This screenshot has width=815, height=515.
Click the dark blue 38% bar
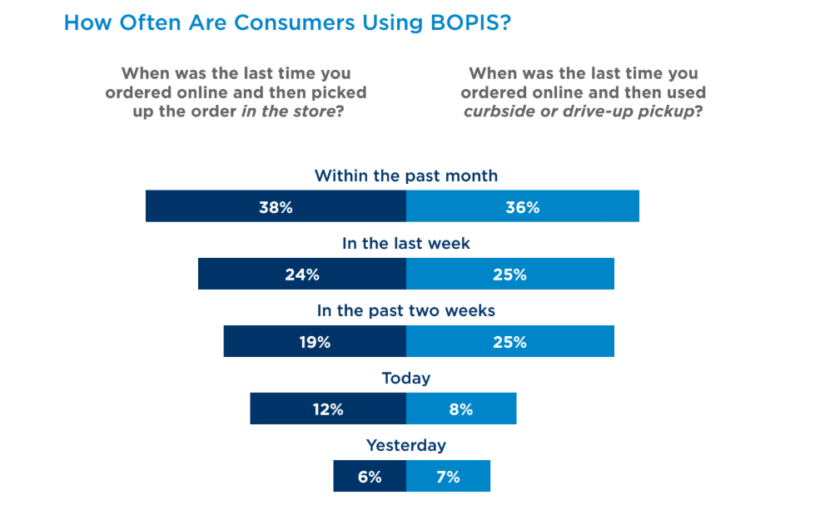click(276, 206)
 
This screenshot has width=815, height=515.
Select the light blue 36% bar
click(522, 206)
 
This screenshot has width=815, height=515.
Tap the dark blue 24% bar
click(302, 274)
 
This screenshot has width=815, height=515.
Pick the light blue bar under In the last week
click(509, 274)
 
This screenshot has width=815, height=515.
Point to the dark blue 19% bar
click(315, 341)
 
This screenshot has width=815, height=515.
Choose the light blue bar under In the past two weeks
click(509, 341)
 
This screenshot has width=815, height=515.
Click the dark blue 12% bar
click(328, 409)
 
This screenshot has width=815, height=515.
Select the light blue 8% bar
click(461, 409)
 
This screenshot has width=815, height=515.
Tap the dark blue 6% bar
click(370, 476)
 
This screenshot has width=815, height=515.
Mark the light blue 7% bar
click(448, 476)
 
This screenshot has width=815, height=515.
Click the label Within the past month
click(406, 176)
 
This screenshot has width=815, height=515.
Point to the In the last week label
click(406, 243)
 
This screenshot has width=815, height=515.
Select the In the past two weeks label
click(406, 311)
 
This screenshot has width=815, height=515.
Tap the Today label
click(406, 379)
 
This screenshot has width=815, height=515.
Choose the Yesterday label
click(406, 445)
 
